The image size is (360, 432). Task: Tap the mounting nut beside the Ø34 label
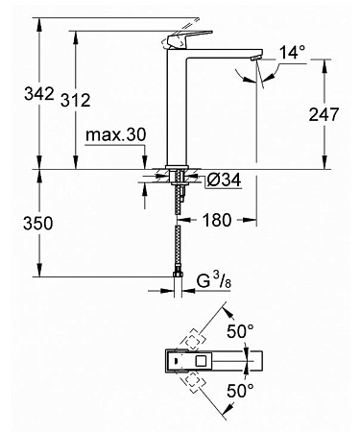tap(180, 177)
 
